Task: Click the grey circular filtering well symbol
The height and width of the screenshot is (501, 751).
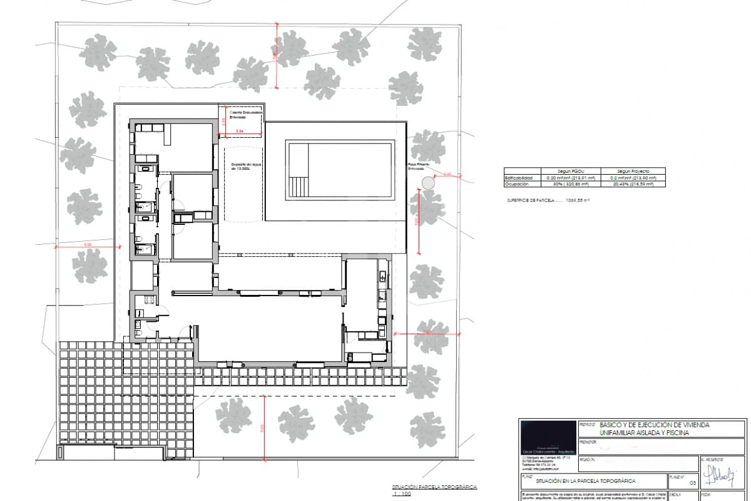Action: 428,183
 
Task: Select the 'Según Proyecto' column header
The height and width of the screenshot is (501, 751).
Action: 633,171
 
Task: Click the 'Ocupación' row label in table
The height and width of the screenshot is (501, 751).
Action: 520,184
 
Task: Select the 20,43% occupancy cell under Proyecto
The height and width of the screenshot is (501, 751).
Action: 633,184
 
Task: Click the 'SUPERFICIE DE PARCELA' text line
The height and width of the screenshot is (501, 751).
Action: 549,200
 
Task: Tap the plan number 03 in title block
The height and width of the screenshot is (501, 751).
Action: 692,483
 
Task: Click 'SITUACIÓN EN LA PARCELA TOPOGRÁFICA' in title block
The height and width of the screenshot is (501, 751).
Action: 585,481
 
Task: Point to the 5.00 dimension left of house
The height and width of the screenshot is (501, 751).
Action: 88,245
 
